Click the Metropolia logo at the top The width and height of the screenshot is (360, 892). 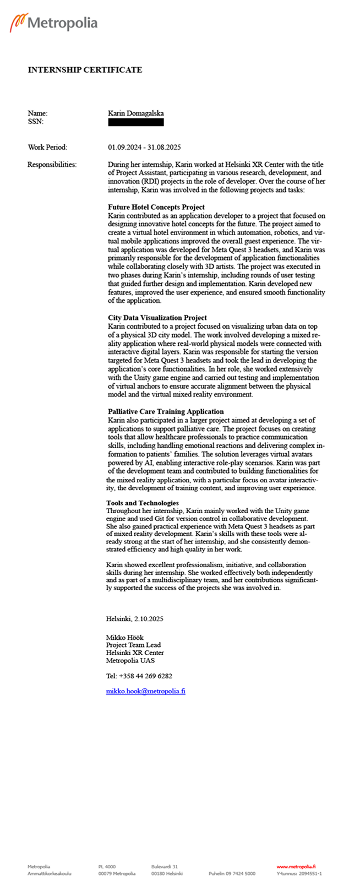pos(53,23)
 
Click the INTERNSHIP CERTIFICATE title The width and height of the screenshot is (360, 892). pos(85,70)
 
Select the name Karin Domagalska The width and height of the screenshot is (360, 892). pos(135,113)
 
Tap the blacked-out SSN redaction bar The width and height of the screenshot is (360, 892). pos(135,122)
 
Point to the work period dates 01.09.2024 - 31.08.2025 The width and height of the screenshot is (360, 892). pos(144,148)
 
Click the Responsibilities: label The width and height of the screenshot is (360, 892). pos(52,165)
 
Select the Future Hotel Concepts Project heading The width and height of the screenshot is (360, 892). pos(156,208)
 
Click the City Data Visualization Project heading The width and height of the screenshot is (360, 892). pos(157,318)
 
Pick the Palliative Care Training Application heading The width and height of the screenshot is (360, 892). pos(166,412)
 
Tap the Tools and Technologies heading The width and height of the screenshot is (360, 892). pos(143,503)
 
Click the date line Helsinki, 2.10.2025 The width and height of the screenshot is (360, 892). pos(135,619)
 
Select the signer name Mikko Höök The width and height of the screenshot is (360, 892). pos(125,638)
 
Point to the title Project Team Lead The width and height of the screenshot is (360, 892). pos(134,645)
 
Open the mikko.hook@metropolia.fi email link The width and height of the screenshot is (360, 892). pos(146,692)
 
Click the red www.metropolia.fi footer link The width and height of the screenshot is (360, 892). pos(296,867)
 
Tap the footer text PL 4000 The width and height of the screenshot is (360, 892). pos(107,867)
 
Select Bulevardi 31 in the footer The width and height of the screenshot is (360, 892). pos(165,867)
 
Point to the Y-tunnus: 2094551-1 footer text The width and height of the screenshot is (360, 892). pos(299,874)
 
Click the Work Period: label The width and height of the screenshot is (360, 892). pos(47,148)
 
